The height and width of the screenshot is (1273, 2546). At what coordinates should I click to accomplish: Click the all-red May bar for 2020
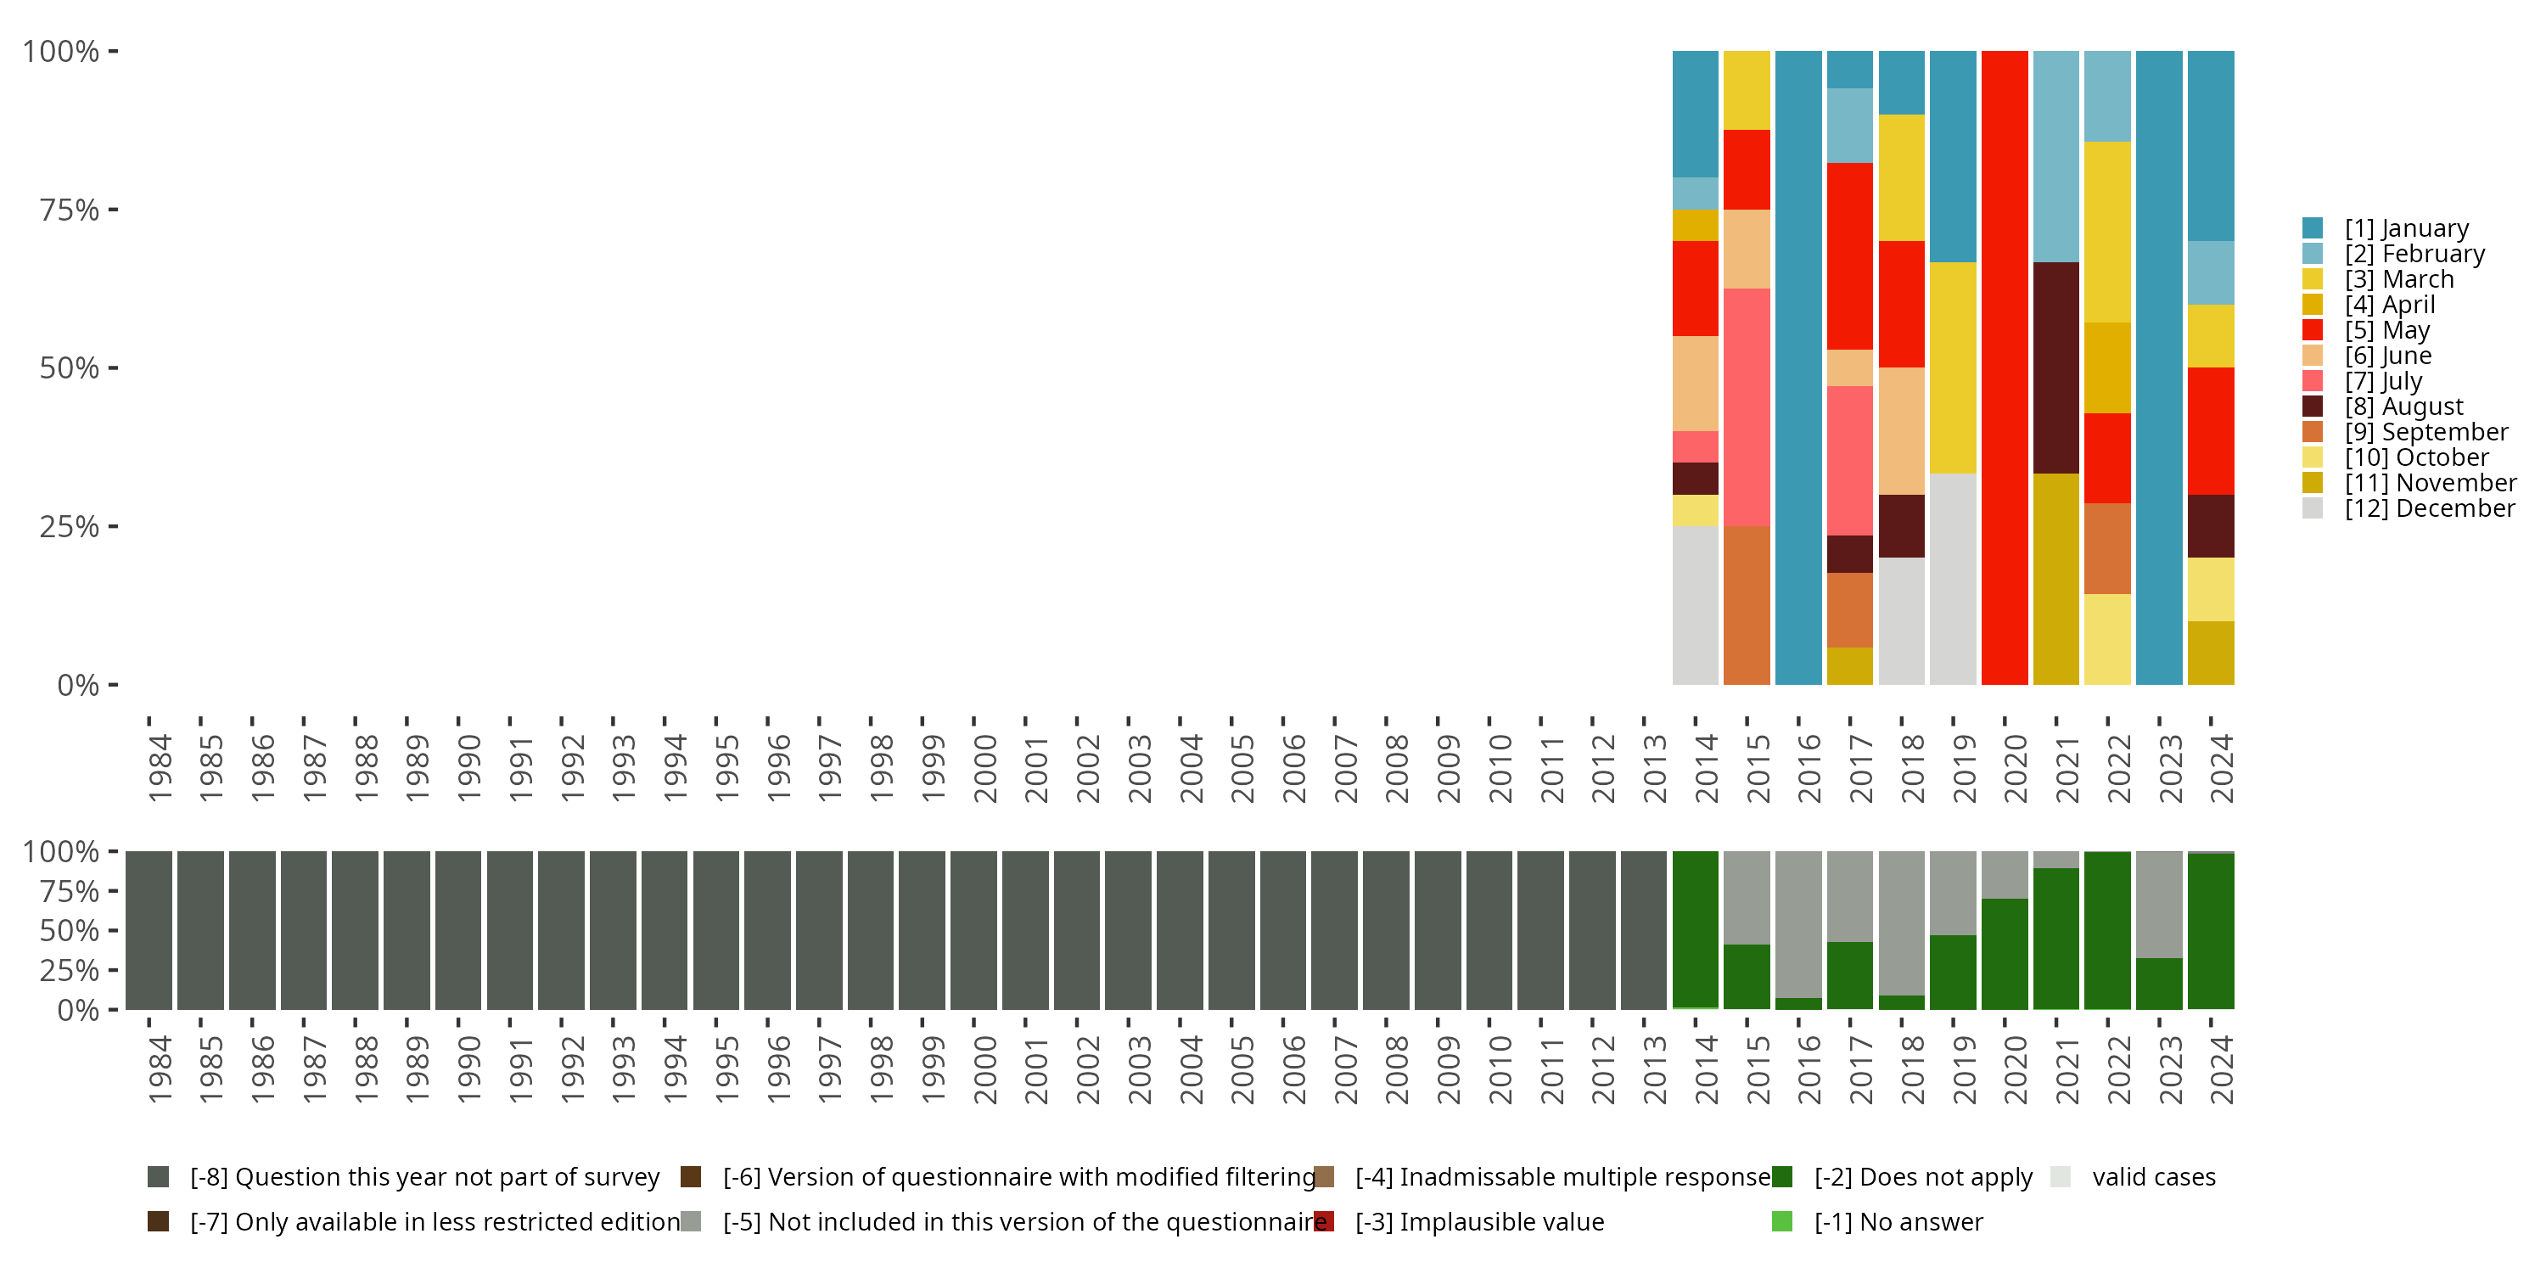tap(2005, 367)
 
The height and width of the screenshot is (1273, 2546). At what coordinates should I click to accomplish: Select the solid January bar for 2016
tap(1797, 367)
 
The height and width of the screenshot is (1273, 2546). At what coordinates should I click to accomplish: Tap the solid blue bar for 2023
tap(2158, 367)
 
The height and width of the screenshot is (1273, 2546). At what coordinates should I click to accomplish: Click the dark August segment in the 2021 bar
tap(2055, 367)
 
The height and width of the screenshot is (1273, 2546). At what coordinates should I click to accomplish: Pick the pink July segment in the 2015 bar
tap(1747, 407)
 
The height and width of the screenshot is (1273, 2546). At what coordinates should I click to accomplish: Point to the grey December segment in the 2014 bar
tap(1695, 605)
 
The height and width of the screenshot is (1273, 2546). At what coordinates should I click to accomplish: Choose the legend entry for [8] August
tap(2403, 407)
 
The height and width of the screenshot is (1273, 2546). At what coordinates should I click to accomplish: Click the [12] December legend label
tap(2430, 508)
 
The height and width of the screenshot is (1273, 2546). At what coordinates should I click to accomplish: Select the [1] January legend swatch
tap(2313, 228)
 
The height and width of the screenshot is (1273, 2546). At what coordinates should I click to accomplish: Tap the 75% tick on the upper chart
tap(70, 210)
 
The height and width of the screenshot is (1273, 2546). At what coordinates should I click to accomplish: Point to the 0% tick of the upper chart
tap(78, 685)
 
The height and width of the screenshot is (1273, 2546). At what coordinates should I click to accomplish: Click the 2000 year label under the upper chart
tap(984, 768)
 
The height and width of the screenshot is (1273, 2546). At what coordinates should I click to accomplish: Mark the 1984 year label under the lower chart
tap(160, 1069)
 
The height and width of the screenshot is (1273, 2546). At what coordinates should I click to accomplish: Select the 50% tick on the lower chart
tap(70, 931)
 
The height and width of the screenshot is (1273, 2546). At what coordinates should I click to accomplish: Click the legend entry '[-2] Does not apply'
tap(1922, 1177)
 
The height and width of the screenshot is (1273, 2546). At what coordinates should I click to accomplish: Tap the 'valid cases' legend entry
tap(2152, 1177)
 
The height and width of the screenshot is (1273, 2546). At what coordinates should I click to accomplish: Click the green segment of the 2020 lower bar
tap(2005, 954)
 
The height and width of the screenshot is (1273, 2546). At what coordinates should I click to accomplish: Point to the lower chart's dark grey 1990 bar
tap(458, 931)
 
